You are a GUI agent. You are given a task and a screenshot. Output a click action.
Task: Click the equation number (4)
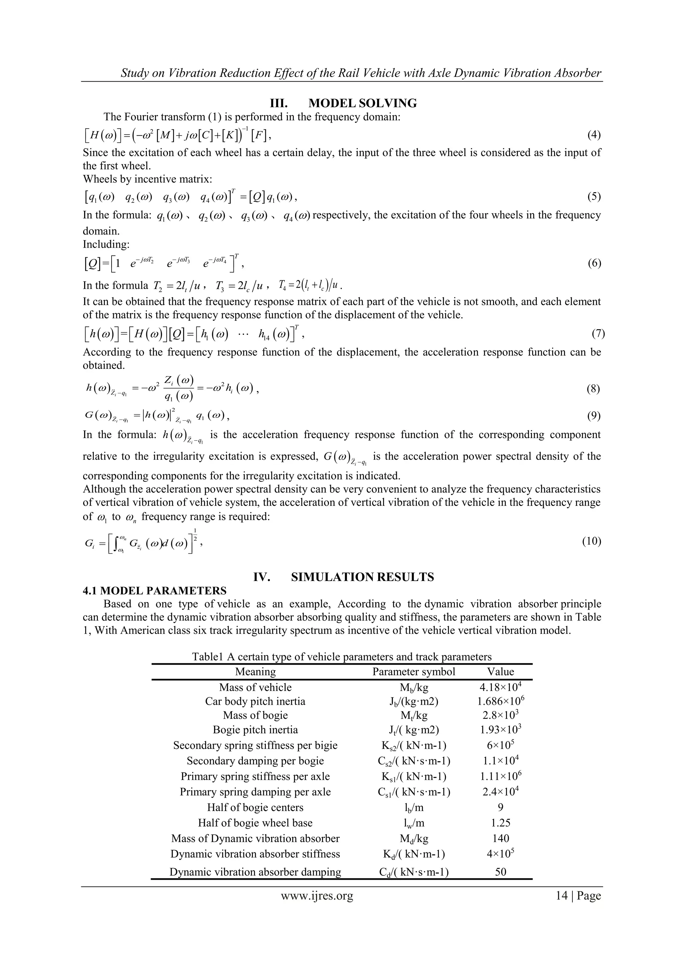pyautogui.click(x=594, y=135)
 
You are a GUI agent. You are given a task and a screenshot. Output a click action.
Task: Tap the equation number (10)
pyautogui.click(x=591, y=541)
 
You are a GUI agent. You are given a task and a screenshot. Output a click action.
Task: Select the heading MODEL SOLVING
pyautogui.click(x=362, y=103)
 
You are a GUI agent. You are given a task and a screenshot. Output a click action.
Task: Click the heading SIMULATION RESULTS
pyautogui.click(x=362, y=577)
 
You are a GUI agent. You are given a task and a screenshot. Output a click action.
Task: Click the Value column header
pyautogui.click(x=501, y=672)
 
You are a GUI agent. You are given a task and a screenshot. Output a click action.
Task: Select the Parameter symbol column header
pyautogui.click(x=414, y=672)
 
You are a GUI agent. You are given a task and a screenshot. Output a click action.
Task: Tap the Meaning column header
pyautogui.click(x=255, y=672)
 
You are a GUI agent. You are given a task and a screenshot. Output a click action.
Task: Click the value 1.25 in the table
pyautogui.click(x=501, y=823)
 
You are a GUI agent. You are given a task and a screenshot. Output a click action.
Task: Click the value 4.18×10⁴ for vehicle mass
pyautogui.click(x=501, y=687)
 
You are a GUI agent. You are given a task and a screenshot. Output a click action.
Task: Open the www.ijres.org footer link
pyautogui.click(x=317, y=895)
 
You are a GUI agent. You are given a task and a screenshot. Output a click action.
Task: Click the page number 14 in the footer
pyautogui.click(x=561, y=895)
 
